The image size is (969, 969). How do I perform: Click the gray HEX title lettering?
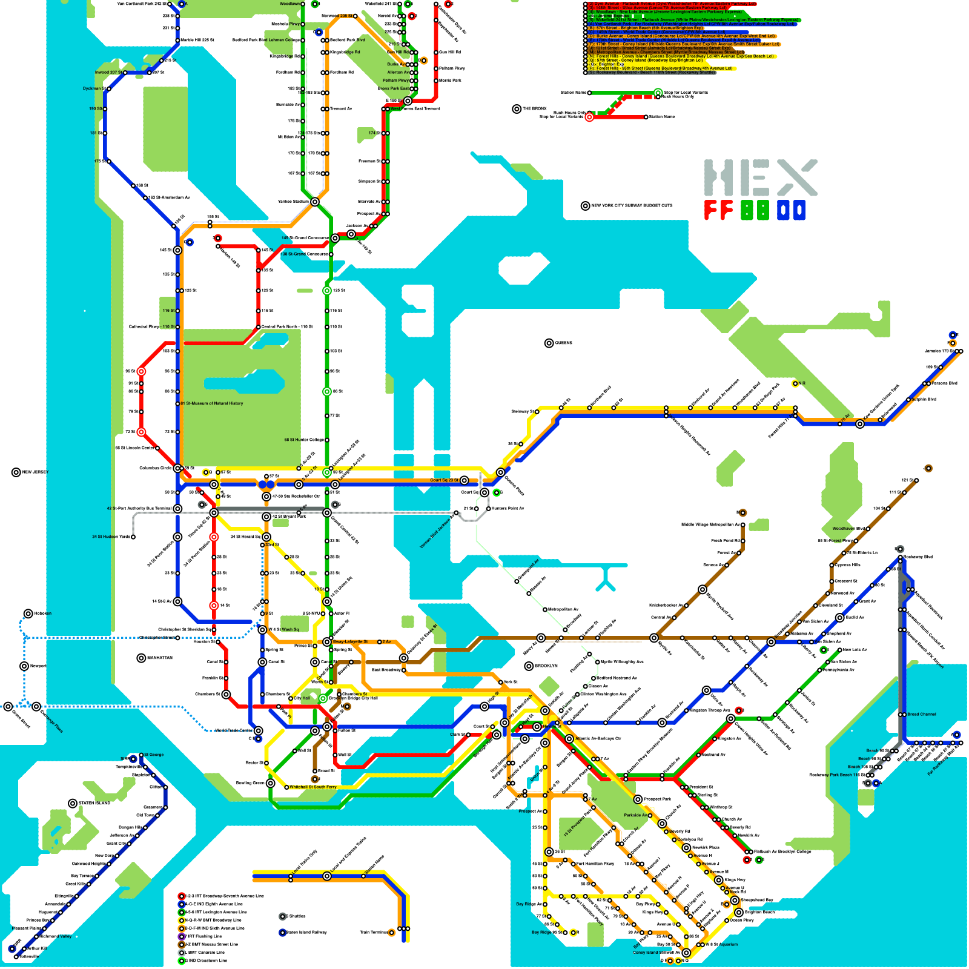(x=760, y=178)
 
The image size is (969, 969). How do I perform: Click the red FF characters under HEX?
(x=718, y=210)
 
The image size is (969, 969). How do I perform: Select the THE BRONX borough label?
(x=535, y=109)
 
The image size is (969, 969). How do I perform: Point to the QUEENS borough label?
(x=563, y=343)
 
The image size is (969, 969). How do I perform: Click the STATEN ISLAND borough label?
(x=94, y=804)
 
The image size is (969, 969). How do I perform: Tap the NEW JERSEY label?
(x=35, y=472)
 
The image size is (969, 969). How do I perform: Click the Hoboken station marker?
(x=28, y=613)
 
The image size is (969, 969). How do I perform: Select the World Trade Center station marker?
(x=259, y=730)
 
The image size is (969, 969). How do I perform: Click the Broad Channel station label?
(x=921, y=715)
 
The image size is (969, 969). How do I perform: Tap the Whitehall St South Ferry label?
(x=313, y=787)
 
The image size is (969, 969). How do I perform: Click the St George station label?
(x=153, y=755)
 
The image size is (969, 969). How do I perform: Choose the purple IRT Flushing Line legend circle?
(x=181, y=936)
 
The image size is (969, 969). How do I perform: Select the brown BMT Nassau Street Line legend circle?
(x=181, y=944)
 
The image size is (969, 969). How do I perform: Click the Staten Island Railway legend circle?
(x=282, y=933)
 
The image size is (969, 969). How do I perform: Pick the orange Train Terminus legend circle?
(x=392, y=933)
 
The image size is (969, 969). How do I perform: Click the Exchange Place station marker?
(x=37, y=707)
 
